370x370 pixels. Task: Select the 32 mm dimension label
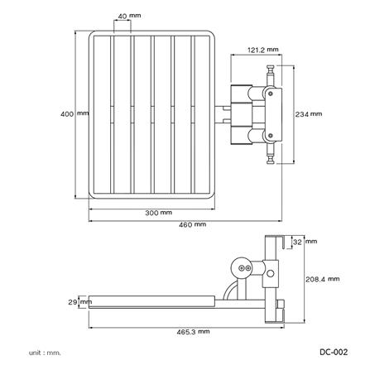[310, 242]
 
